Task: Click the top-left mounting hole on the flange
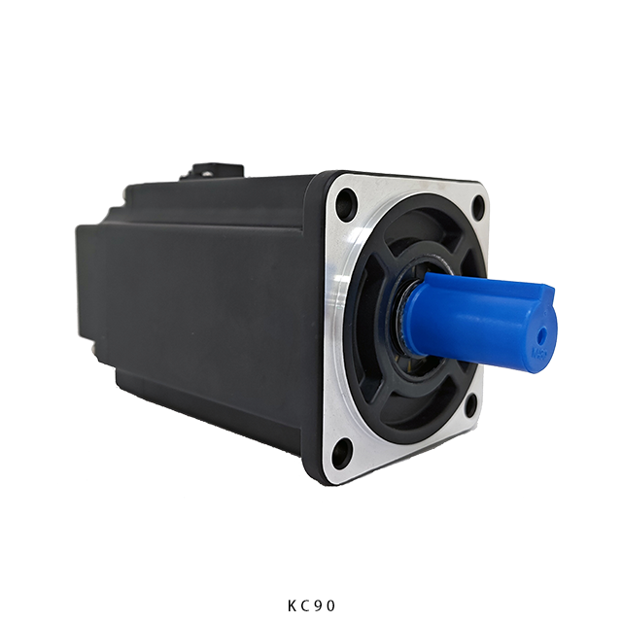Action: pyautogui.click(x=346, y=201)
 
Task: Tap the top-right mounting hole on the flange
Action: pyautogui.click(x=479, y=206)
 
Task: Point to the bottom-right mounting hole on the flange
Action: pyautogui.click(x=470, y=405)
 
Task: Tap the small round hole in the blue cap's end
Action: pyautogui.click(x=541, y=335)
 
